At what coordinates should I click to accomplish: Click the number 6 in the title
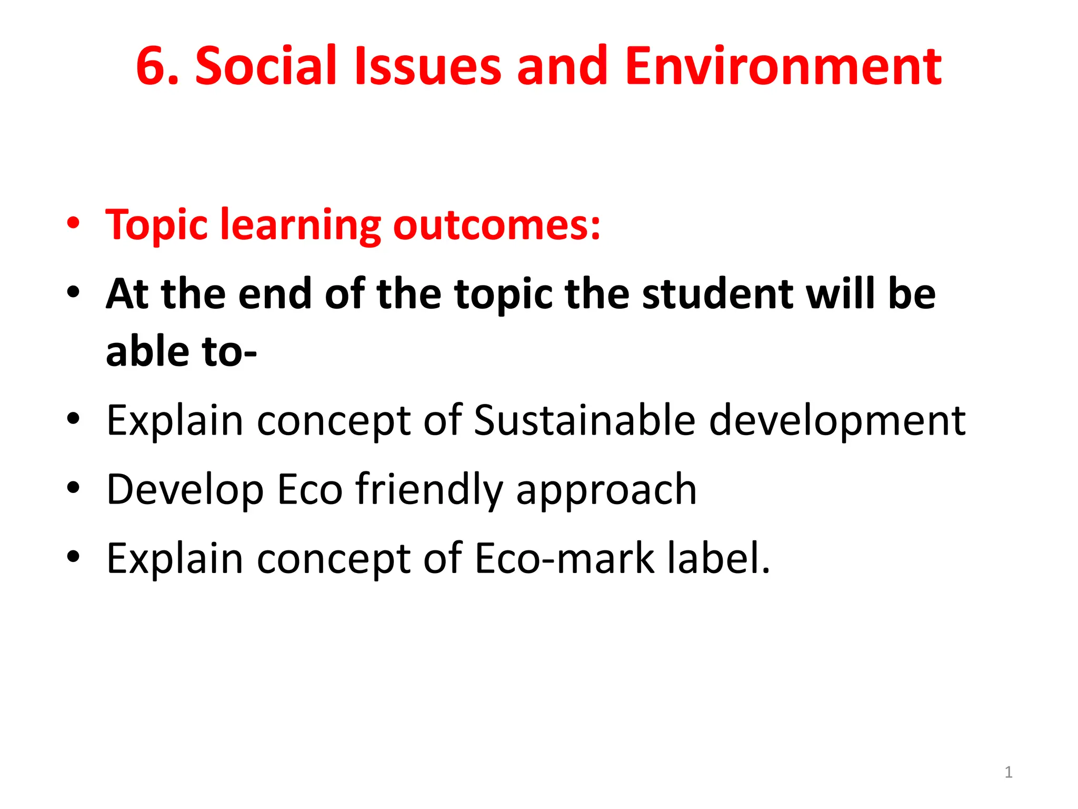pyautogui.click(x=154, y=66)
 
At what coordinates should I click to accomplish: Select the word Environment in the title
pyautogui.click(x=783, y=66)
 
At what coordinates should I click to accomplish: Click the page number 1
pyautogui.click(x=1008, y=772)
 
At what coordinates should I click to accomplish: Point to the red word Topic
pyautogui.click(x=156, y=226)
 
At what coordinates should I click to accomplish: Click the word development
pyautogui.click(x=837, y=421)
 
